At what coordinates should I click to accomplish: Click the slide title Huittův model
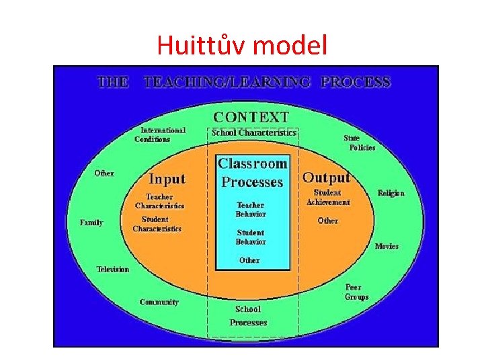point(242,45)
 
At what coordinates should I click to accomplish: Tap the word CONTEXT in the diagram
point(251,118)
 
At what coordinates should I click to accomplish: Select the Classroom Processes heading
point(253,173)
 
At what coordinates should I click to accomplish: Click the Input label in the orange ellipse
point(167,179)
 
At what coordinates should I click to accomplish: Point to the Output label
point(326,177)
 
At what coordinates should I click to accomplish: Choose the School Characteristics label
point(253,132)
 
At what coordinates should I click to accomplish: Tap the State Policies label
point(360,143)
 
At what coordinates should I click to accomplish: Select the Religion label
point(391,193)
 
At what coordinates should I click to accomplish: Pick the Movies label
point(387,246)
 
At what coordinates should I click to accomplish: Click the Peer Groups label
point(356,292)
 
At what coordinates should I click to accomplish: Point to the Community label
point(159,302)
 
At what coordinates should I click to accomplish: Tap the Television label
point(113,269)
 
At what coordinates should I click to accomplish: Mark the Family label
point(91,222)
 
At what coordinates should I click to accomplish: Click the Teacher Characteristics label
point(159,202)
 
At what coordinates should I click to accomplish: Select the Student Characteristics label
point(157,224)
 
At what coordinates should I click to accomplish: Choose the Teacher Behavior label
point(251,209)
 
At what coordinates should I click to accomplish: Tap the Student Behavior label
point(251,237)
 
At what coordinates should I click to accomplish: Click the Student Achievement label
point(328,197)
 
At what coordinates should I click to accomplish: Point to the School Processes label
point(249,316)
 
